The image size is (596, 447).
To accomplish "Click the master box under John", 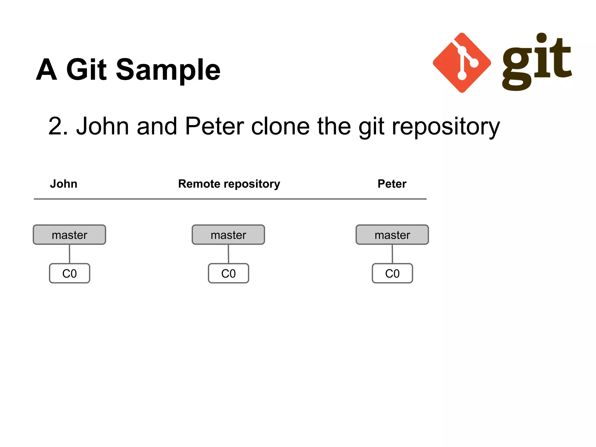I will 69,235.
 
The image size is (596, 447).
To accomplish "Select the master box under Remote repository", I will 228,235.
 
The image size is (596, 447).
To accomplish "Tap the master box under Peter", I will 392,235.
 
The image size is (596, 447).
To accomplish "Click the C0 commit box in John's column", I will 70,273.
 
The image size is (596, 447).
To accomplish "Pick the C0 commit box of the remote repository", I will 228,273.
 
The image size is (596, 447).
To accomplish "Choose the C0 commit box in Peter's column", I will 392,273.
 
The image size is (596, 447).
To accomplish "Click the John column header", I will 63,184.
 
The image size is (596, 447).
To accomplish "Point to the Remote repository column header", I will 229,184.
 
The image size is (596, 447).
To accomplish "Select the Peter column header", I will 392,184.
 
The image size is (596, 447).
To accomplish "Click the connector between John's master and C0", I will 69,254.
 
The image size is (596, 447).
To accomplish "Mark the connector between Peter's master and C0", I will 392,254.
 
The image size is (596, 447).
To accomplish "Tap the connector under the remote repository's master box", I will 228,254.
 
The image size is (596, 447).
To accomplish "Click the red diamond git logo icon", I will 462,63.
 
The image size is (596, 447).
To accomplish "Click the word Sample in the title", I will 168,70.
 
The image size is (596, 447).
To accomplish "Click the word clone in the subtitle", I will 280,126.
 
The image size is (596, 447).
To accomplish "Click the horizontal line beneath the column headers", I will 230,199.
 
